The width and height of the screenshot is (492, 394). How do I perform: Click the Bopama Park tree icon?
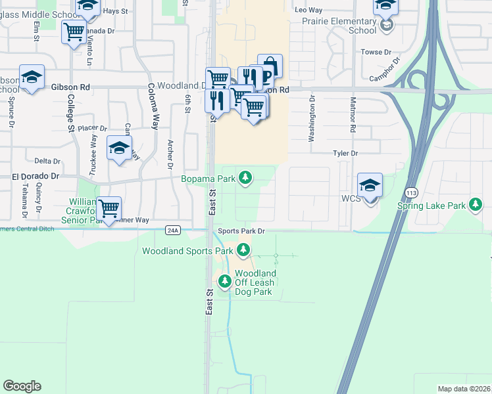coord(245,177)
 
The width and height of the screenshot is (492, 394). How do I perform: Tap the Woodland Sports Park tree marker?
coord(244,250)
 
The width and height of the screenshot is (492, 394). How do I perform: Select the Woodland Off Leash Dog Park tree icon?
coord(225,281)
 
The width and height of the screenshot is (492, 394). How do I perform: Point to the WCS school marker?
coord(370,186)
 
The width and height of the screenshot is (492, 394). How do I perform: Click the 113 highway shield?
coord(412,192)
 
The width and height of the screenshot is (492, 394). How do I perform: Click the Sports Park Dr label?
coord(241,231)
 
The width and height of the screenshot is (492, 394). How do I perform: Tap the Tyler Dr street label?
coord(345,153)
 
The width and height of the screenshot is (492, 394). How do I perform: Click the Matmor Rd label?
coord(353,117)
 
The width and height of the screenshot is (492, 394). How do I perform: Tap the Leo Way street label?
coord(308,11)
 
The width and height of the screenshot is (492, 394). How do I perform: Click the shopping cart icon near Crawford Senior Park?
coord(109,209)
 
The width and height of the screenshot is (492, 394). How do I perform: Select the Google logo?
coord(22,386)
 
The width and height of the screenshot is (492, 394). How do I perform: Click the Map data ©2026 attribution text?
coord(463,389)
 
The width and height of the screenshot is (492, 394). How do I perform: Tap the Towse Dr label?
coord(376,52)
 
